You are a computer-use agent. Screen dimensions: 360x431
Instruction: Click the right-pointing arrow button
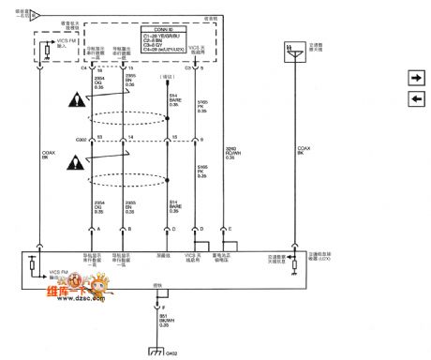(x=415, y=78)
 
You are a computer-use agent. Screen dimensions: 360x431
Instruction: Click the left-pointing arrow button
(x=415, y=99)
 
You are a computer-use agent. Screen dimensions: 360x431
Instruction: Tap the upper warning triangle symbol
(x=73, y=99)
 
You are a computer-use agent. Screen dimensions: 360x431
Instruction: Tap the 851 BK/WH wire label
(x=164, y=319)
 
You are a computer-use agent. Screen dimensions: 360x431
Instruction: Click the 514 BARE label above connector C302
(x=173, y=99)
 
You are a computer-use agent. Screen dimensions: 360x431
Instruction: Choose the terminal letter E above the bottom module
(x=230, y=228)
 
